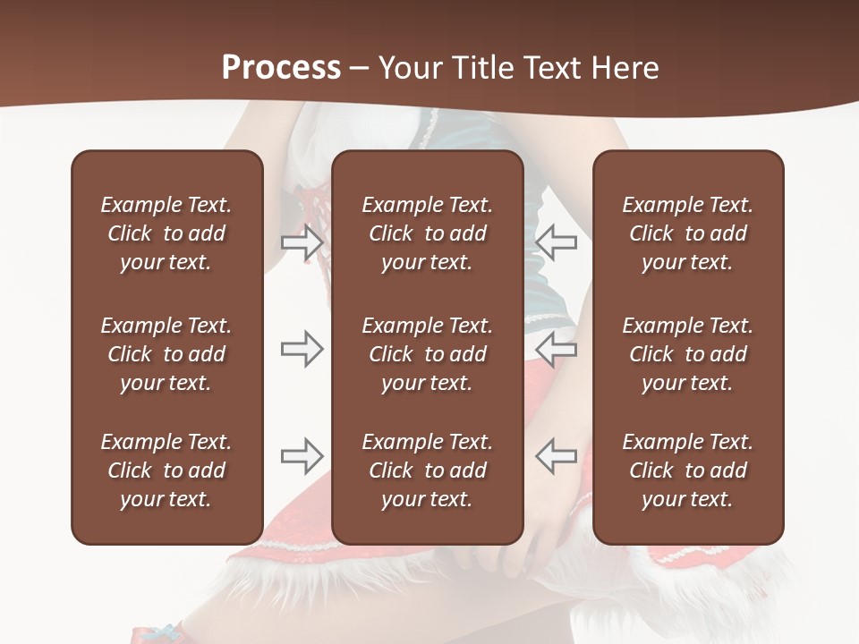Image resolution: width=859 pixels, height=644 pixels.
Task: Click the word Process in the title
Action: coord(281,68)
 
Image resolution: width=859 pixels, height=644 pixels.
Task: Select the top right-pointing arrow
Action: coord(302,241)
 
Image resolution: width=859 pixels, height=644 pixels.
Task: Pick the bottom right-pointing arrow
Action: coord(302,456)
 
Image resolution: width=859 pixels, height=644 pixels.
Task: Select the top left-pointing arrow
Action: coord(556,241)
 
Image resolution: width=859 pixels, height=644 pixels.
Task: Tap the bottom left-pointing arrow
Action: coord(556,456)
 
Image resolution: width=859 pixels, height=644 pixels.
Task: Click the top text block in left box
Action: coord(166,233)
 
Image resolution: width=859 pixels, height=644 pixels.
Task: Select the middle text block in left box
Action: coord(166,354)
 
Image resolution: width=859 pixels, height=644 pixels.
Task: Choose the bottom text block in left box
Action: coord(166,470)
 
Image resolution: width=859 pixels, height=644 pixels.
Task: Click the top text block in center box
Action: coord(427,233)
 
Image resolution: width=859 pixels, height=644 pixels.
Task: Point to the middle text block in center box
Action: coord(427,354)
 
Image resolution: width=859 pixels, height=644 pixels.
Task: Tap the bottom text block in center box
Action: coord(427,470)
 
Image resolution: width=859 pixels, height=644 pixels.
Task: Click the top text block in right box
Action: coord(687,233)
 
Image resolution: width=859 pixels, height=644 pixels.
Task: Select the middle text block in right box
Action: coord(687,354)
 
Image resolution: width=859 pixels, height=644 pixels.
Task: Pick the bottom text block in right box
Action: coord(687,470)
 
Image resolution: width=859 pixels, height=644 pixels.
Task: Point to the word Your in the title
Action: coord(406,68)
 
